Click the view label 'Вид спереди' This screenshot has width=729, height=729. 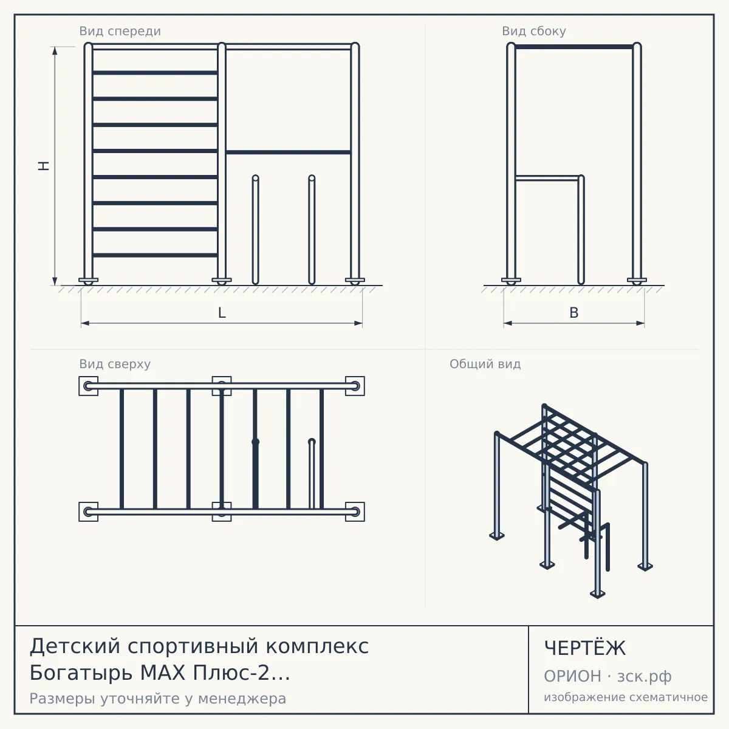click(x=120, y=31)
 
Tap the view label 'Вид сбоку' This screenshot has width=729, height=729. click(x=534, y=31)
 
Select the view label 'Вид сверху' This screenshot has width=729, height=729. click(x=115, y=364)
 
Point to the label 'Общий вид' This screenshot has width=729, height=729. click(x=485, y=364)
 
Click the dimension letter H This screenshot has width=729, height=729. click(x=44, y=166)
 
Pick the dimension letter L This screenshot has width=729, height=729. click(x=222, y=313)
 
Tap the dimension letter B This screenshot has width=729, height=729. click(x=574, y=313)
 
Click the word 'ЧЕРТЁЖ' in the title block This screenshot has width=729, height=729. click(x=585, y=648)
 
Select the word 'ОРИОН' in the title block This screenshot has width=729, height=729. click(x=572, y=676)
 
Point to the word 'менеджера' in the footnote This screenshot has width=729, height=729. click(x=242, y=699)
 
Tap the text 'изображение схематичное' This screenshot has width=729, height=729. click(x=626, y=697)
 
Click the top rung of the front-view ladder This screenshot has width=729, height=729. click(x=155, y=73)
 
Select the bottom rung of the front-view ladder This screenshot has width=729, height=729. click(x=155, y=255)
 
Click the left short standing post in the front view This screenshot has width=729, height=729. click(x=255, y=230)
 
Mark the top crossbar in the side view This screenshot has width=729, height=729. click(x=574, y=47)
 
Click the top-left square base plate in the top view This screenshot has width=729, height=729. click(x=89, y=386)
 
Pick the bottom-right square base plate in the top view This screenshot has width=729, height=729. click(x=355, y=512)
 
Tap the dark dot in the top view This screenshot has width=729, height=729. click(x=255, y=442)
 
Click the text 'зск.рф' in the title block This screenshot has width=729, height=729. click(x=645, y=677)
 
